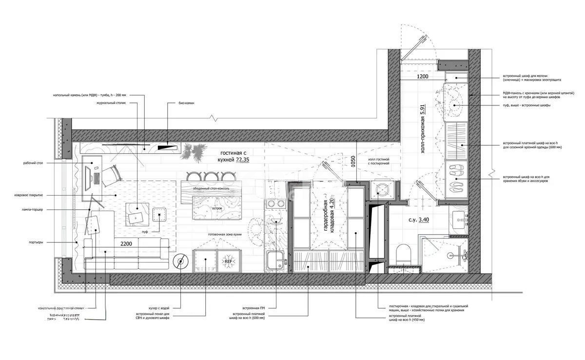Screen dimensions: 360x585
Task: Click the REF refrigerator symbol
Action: [228, 261]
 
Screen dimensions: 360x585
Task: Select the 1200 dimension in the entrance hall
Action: [422, 77]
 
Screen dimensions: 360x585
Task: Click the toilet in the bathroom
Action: [404, 254]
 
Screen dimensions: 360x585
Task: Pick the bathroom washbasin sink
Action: [460, 222]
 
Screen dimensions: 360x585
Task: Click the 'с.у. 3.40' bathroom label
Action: [418, 220]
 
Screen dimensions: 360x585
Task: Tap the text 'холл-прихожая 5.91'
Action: [423, 129]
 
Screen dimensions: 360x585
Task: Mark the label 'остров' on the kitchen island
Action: [217, 208]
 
